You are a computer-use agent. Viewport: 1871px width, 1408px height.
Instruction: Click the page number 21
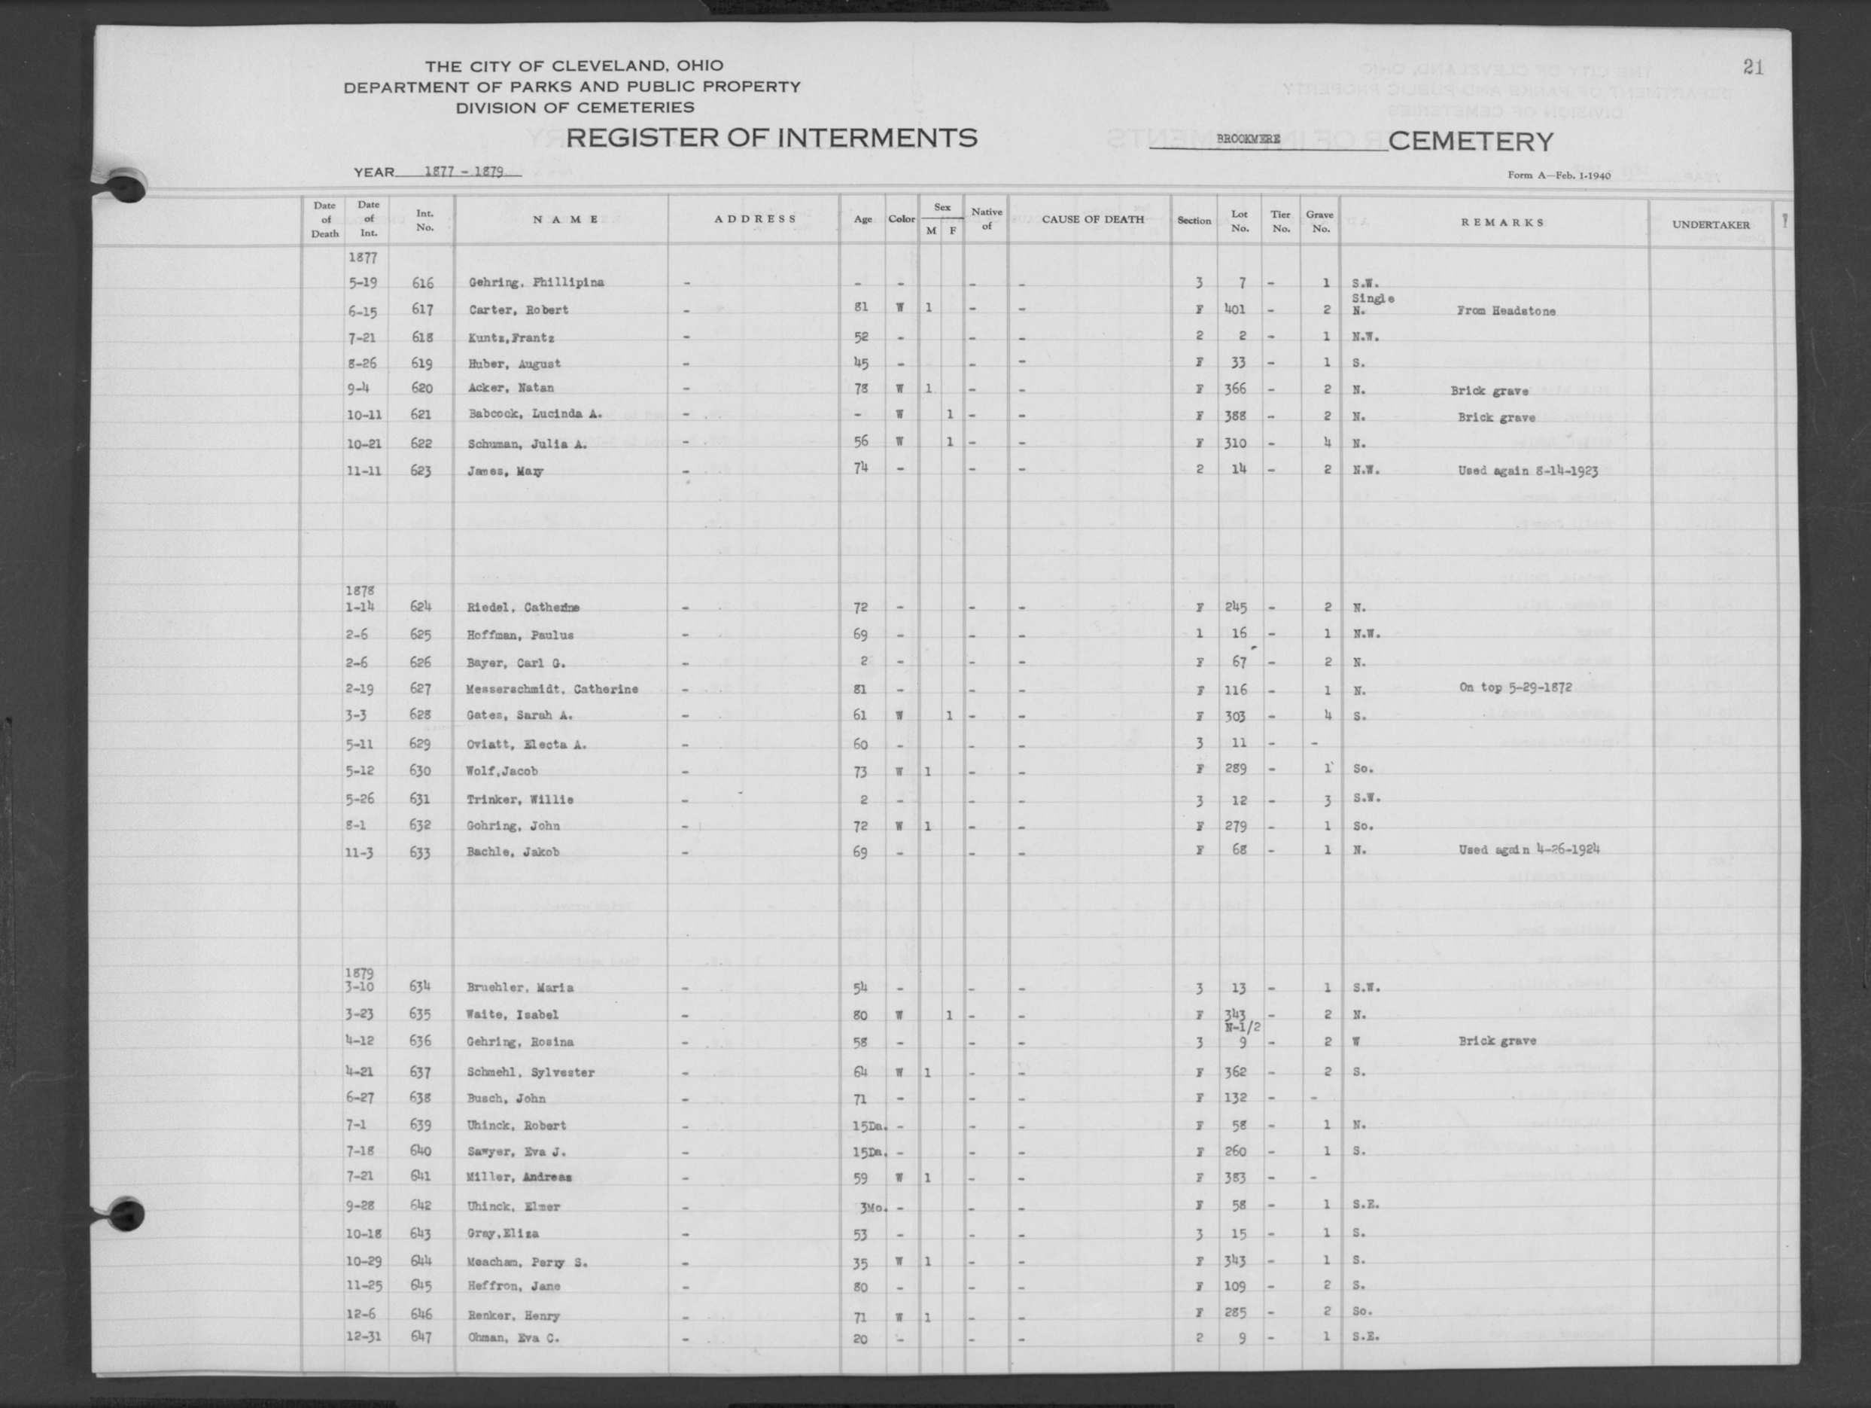(x=1753, y=68)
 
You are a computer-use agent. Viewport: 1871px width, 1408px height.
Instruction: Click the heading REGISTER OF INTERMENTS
(x=771, y=137)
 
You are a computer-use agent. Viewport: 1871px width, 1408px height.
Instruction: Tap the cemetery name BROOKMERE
(x=1248, y=139)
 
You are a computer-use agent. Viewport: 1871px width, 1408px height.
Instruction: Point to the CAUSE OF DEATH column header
(x=1092, y=219)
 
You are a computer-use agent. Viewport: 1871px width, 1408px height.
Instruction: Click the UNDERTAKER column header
(x=1710, y=224)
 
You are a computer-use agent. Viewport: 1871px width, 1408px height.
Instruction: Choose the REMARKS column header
(x=1501, y=223)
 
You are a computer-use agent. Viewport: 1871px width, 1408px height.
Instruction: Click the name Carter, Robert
(x=519, y=309)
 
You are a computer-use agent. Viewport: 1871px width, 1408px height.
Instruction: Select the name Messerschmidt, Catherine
(x=552, y=690)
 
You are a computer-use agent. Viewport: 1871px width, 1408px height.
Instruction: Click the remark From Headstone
(x=1505, y=310)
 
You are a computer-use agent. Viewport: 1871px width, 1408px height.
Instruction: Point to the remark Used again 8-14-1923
(x=1527, y=471)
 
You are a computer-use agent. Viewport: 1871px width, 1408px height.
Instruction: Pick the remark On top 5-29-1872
(x=1515, y=687)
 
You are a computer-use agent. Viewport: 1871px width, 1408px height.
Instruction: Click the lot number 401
(x=1236, y=309)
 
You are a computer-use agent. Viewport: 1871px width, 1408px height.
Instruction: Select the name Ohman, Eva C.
(x=513, y=1338)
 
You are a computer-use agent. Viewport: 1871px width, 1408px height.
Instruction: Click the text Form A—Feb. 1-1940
(x=1558, y=175)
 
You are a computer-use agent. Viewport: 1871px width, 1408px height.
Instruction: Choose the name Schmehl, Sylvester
(x=530, y=1072)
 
